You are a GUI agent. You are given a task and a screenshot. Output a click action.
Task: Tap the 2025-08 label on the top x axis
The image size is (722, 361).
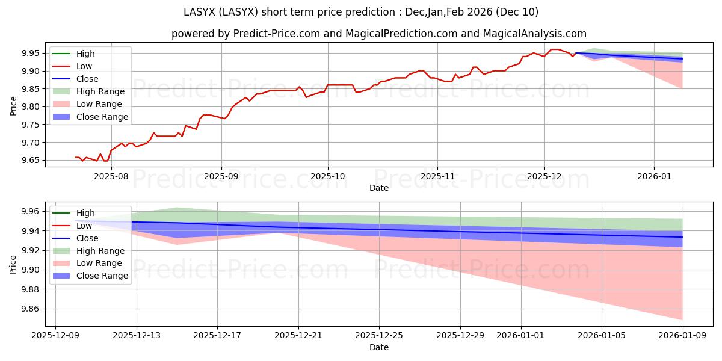pyautogui.click(x=112, y=177)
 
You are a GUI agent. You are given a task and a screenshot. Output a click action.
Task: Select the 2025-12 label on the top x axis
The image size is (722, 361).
pyautogui.click(x=544, y=177)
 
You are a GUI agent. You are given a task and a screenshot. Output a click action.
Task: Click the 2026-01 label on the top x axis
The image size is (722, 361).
pyautogui.click(x=654, y=177)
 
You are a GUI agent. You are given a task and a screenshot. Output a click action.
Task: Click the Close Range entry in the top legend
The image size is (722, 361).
pyautogui.click(x=102, y=117)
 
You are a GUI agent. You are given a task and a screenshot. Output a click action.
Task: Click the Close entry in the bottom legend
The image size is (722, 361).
pyautogui.click(x=87, y=238)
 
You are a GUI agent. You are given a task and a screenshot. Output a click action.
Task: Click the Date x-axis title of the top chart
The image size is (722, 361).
pyautogui.click(x=379, y=188)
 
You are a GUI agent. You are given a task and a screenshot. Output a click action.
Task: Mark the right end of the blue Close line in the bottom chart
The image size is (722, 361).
pyautogui.click(x=683, y=237)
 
